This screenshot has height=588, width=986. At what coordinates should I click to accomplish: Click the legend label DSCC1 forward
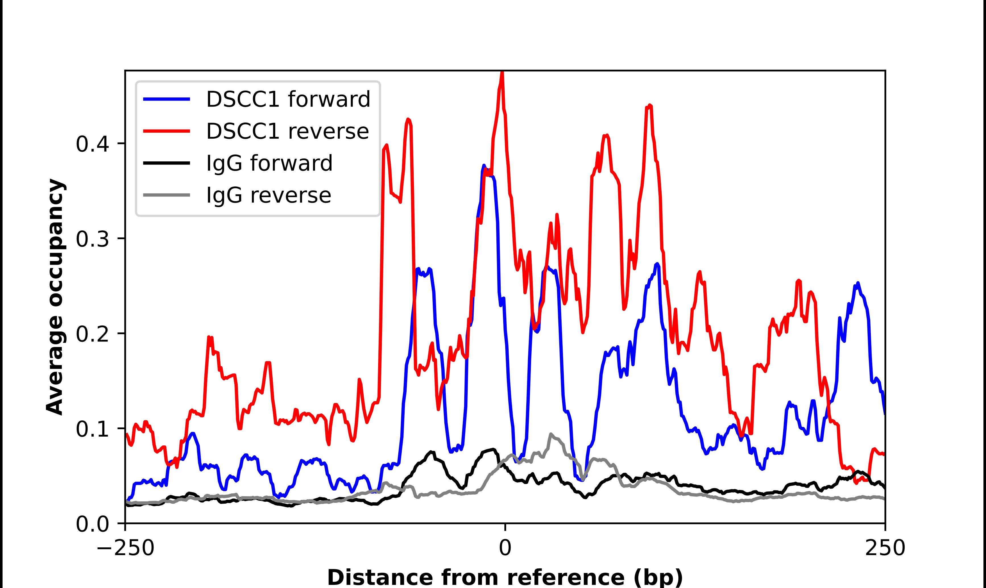click(x=288, y=99)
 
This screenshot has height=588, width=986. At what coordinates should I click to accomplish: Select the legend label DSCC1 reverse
click(x=287, y=131)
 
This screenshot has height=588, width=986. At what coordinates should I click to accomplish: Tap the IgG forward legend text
click(x=269, y=163)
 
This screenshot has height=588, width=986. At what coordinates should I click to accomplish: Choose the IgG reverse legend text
click(x=268, y=195)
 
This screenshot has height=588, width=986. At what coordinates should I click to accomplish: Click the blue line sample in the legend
click(x=167, y=99)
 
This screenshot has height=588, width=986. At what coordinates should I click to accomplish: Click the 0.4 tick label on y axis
click(x=92, y=144)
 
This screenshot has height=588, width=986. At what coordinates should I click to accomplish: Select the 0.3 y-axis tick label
click(x=92, y=239)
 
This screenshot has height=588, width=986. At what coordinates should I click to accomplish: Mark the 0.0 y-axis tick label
click(x=92, y=524)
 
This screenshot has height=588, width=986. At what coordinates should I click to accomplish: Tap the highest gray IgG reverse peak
click(x=551, y=434)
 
